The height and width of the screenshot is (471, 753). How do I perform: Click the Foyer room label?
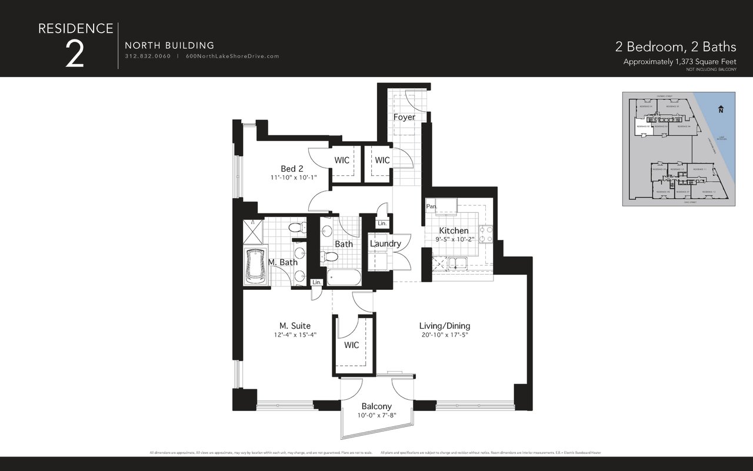click(x=404, y=117)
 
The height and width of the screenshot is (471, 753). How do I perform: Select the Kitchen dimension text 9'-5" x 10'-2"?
click(x=454, y=240)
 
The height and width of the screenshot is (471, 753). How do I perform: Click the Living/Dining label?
click(x=444, y=326)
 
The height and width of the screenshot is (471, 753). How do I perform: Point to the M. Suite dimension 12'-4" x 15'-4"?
click(x=295, y=335)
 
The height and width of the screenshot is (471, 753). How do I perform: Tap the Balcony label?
click(x=376, y=406)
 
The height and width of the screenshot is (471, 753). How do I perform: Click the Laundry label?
click(x=385, y=243)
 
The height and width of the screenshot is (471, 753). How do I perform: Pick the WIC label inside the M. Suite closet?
click(x=351, y=345)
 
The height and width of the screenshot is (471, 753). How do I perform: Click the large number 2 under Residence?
click(x=74, y=55)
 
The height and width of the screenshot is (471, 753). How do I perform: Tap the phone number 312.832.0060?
click(x=148, y=56)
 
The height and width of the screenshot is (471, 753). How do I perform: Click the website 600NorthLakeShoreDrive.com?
click(x=232, y=56)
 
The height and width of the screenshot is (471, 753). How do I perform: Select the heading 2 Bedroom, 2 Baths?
click(x=675, y=46)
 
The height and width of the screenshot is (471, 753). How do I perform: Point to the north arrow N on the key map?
click(x=721, y=109)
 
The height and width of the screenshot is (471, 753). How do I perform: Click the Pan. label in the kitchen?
click(x=431, y=206)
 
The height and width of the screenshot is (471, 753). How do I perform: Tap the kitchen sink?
click(x=457, y=263)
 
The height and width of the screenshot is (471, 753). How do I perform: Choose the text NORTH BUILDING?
click(x=169, y=45)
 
